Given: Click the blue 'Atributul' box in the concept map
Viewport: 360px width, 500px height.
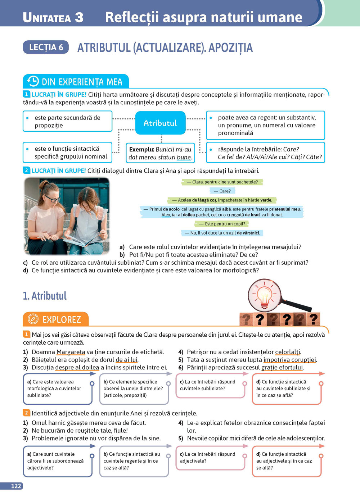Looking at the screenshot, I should (160, 123).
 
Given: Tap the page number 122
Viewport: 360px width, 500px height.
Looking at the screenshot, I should (16, 486).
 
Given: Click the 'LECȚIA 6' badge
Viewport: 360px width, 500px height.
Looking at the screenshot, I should (46, 47).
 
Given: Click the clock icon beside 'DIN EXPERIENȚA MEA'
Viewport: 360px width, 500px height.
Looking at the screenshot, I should (33, 81).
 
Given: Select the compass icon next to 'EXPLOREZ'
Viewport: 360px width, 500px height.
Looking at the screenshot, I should (33, 319).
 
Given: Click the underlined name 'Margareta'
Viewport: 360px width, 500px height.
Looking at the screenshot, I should (71, 352).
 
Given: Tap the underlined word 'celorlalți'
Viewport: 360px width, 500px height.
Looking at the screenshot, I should (288, 352).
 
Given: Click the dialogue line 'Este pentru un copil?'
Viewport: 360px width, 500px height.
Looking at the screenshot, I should (222, 224).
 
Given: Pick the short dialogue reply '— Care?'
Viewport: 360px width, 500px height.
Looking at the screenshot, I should (222, 191).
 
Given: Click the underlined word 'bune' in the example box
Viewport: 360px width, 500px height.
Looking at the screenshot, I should (184, 157).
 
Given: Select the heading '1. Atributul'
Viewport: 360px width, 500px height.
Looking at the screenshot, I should (45, 296).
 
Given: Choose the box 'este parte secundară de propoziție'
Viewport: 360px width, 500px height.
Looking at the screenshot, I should (67, 121).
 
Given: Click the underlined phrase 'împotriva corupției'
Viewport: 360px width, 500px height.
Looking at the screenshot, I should (290, 359).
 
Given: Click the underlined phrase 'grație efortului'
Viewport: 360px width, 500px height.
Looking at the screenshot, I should (282, 367).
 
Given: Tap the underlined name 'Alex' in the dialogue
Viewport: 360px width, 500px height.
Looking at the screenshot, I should (166, 215).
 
